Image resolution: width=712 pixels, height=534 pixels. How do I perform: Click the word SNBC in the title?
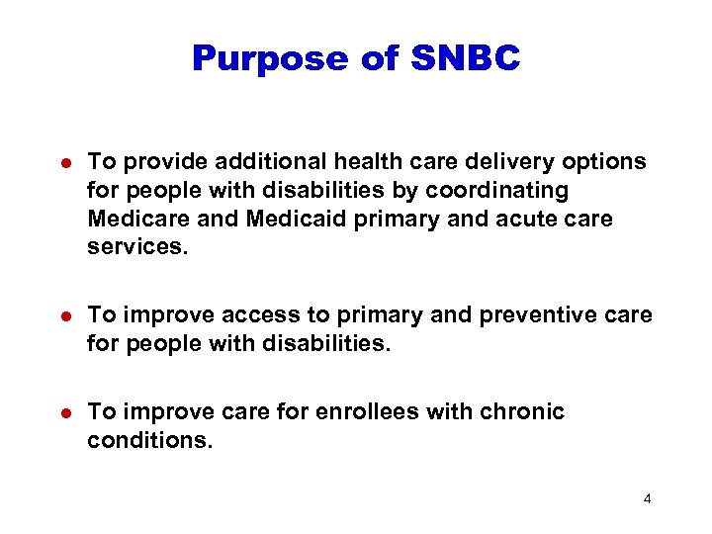coord(464,58)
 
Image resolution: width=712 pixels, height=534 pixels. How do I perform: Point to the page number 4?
coord(647,498)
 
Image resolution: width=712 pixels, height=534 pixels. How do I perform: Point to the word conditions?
coord(148,440)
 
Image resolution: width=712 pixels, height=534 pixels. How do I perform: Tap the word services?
coord(135,246)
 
